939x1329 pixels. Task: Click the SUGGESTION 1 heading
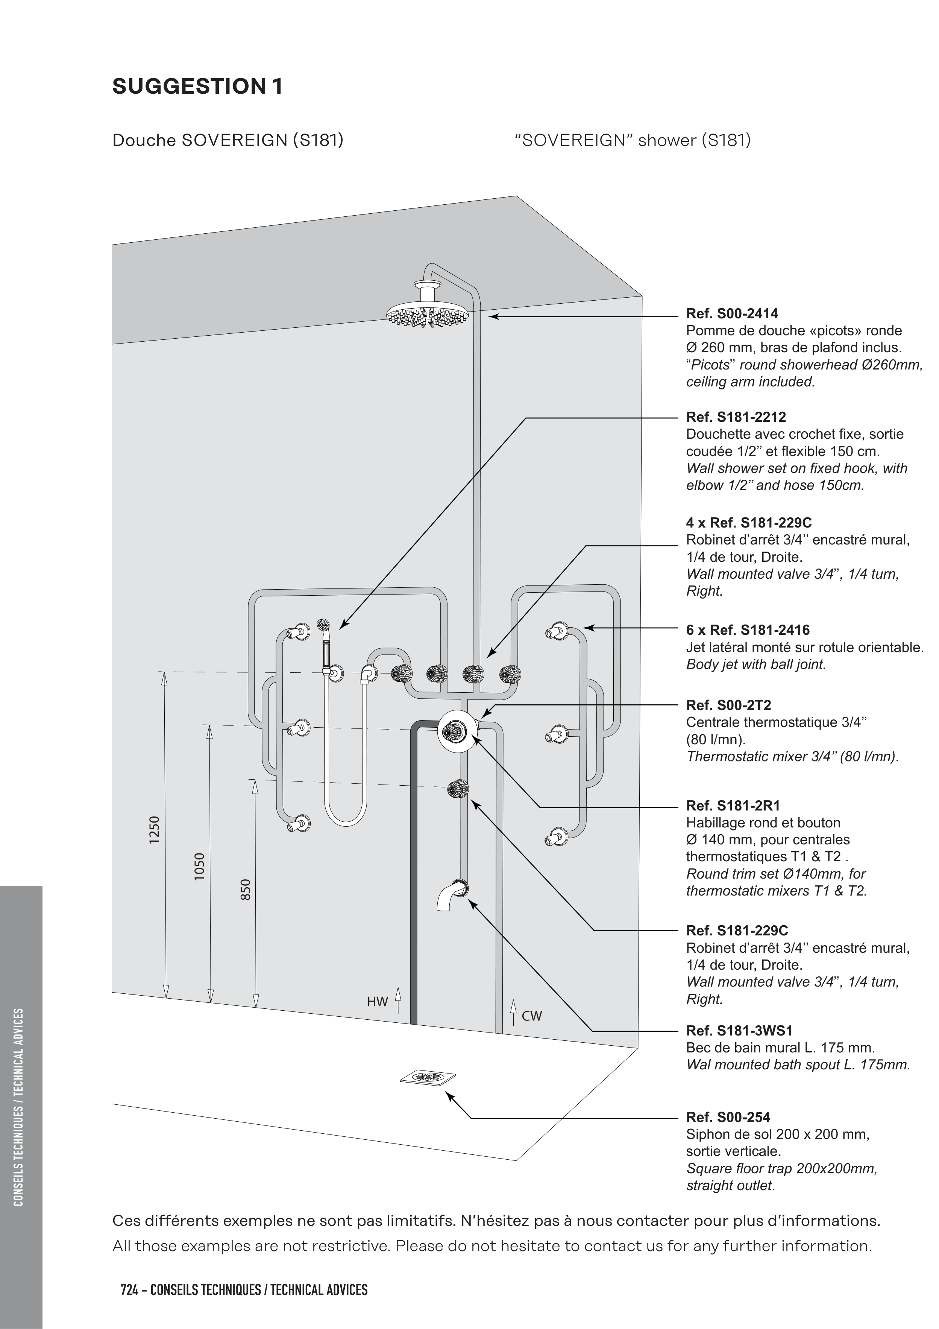coord(197,87)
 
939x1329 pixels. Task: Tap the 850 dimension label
coord(246,890)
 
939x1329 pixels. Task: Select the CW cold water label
coord(532,1016)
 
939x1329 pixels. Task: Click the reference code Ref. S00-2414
coord(732,314)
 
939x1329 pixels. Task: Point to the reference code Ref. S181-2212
coord(736,417)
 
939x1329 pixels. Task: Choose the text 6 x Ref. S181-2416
coord(748,630)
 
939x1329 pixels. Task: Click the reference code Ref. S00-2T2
coord(728,705)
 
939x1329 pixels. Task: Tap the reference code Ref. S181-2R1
coord(733,806)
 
